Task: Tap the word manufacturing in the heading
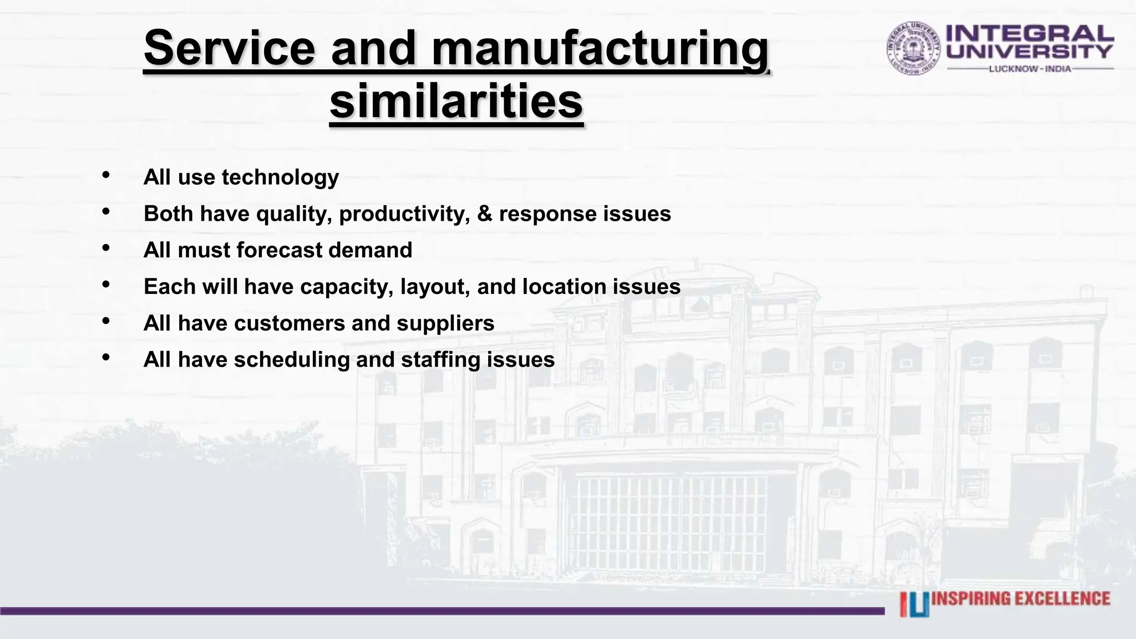tap(600, 49)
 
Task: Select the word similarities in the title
tap(456, 102)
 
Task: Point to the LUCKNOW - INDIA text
tap(1030, 69)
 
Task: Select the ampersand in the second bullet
tap(484, 214)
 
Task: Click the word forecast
tap(279, 250)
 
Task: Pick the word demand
tap(370, 250)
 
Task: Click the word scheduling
tap(292, 360)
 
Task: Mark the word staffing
tap(440, 360)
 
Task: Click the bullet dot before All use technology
tap(106, 175)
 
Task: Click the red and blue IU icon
tap(914, 605)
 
